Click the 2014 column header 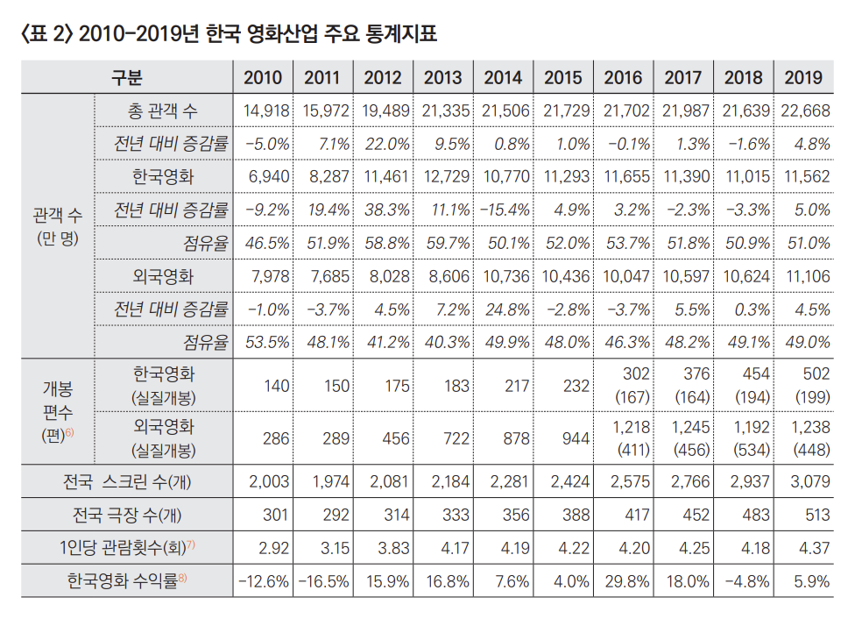503,78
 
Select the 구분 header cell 127,78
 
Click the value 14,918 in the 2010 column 263,111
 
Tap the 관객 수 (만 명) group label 56,225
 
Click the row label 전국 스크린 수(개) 127,481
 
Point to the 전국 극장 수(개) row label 127,514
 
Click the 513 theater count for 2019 815,514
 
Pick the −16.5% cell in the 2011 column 324,580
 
